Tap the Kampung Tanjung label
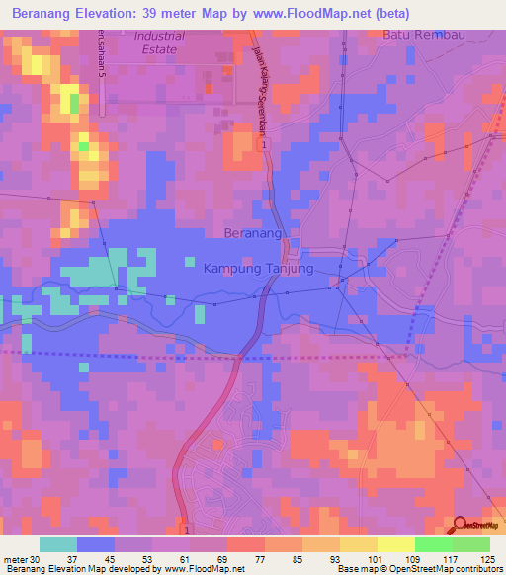pos(258,268)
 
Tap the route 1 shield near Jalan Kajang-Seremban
pos(265,144)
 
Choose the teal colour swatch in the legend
pos(58,544)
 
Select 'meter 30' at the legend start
pos(23,558)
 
